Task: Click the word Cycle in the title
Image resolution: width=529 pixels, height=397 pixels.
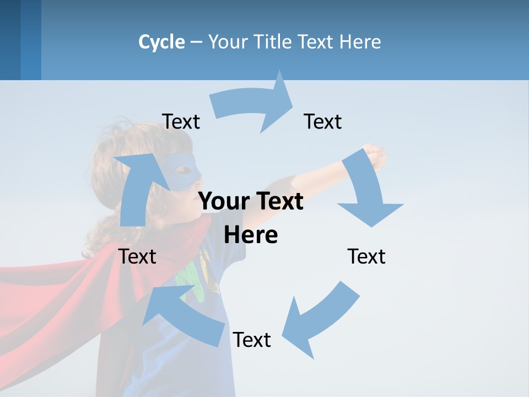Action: point(161,42)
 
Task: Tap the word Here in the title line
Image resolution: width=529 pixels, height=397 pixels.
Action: point(360,42)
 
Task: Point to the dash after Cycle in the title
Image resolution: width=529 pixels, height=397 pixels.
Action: point(196,42)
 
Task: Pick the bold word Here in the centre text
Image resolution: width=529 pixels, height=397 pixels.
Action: point(251,235)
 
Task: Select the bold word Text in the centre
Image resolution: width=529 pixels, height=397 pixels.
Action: point(278,201)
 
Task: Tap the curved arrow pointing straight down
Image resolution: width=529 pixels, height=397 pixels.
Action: point(366,190)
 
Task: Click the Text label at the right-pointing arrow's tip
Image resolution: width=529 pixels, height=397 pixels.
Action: point(323,121)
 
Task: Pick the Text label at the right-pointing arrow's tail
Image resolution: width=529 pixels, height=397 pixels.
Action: point(181,121)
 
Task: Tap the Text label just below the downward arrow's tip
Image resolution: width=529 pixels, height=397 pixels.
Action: point(366,256)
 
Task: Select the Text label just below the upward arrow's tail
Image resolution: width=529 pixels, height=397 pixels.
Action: point(138,256)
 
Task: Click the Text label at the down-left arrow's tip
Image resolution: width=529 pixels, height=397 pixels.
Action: point(252,340)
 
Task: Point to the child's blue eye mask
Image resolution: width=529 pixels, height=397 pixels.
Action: point(182,168)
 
